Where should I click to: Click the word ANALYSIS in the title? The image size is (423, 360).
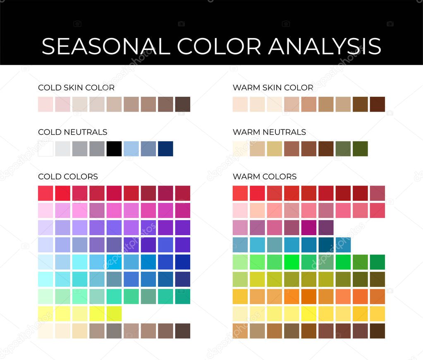click(324, 46)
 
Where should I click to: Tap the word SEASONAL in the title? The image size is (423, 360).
click(106, 46)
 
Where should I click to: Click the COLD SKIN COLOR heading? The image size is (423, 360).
click(76, 88)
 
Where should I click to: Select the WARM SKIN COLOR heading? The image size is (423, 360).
click(273, 88)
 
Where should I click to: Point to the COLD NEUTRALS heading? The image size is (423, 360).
click(72, 132)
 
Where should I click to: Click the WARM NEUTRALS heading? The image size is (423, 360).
click(269, 132)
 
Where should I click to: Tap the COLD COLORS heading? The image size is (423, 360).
click(68, 176)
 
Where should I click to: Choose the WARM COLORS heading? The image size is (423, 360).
click(265, 176)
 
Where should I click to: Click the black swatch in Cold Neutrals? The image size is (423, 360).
click(114, 149)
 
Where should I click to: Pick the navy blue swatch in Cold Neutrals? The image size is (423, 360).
click(165, 149)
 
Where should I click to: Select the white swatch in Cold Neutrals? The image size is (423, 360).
click(45, 149)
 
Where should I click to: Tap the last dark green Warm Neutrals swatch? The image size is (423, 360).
click(360, 149)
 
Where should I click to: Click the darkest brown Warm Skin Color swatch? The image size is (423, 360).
click(377, 104)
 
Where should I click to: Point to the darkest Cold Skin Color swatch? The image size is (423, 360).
click(182, 104)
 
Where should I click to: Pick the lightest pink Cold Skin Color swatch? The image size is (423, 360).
click(45, 104)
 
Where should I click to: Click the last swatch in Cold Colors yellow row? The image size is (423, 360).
click(114, 314)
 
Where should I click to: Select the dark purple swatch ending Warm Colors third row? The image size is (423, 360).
click(326, 228)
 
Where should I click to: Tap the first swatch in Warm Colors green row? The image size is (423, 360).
click(240, 262)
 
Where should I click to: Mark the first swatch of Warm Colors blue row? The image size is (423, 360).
click(240, 245)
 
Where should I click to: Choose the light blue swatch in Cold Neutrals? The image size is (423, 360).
click(131, 149)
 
